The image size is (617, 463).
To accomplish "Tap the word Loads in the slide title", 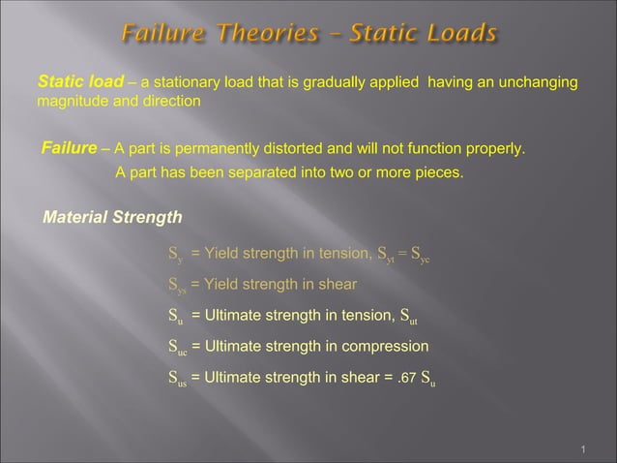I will point(459,35).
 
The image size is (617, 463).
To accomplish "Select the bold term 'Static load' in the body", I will point(73,84).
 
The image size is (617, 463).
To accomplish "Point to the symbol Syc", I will point(420,257).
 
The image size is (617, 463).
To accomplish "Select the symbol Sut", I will point(409,316).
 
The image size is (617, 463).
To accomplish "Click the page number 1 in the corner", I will point(586,448).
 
